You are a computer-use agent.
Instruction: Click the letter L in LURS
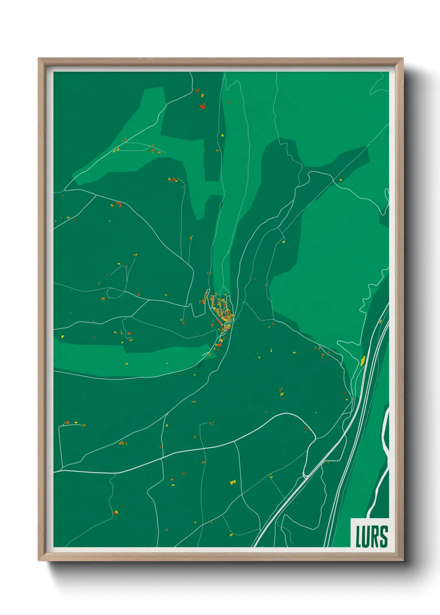click(358, 536)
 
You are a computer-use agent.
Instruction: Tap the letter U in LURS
click(366, 536)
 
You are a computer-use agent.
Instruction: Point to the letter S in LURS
click(383, 536)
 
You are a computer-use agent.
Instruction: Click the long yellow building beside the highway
click(363, 361)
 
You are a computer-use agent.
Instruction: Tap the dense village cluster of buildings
click(222, 310)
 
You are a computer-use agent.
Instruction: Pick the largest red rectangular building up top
click(202, 107)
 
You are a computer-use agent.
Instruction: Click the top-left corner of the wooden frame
click(39, 59)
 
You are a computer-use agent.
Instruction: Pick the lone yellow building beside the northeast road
click(341, 180)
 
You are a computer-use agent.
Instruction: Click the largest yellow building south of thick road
click(233, 482)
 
